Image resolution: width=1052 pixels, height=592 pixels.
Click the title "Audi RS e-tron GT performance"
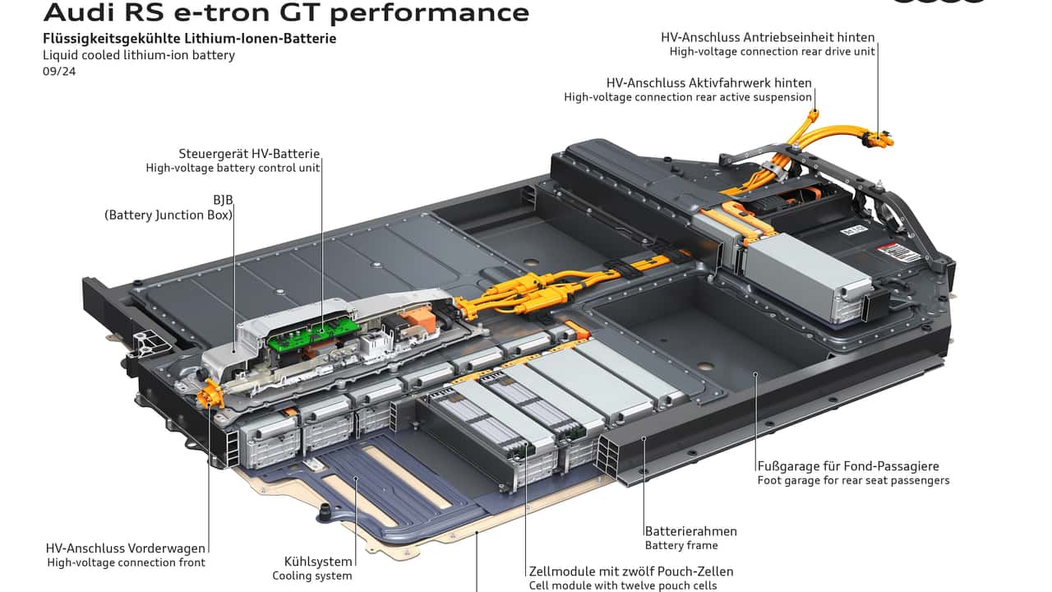tap(286, 12)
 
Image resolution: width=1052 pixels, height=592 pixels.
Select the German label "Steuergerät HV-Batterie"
tap(249, 154)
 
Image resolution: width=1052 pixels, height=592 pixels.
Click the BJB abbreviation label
tap(224, 200)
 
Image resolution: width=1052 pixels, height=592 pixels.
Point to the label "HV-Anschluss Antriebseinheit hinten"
tap(768, 37)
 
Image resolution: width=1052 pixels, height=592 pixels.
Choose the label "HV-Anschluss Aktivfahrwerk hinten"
tap(708, 83)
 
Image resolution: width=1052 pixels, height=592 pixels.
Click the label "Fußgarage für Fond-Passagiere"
tap(848, 466)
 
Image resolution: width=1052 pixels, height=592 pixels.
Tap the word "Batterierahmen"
tap(690, 531)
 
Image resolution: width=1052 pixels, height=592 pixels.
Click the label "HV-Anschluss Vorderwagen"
tap(126, 548)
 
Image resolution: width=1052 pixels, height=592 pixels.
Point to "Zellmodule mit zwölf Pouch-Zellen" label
tap(631, 571)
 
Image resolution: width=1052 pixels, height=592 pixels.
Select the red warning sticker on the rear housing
tap(899, 253)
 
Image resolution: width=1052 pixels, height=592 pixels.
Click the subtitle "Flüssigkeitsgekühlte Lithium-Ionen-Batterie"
tap(189, 39)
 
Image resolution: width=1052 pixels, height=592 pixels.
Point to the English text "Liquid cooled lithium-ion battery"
tap(139, 55)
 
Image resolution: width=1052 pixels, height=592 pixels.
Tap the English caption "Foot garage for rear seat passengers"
tap(853, 480)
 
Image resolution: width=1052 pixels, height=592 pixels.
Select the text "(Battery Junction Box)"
tap(168, 215)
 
